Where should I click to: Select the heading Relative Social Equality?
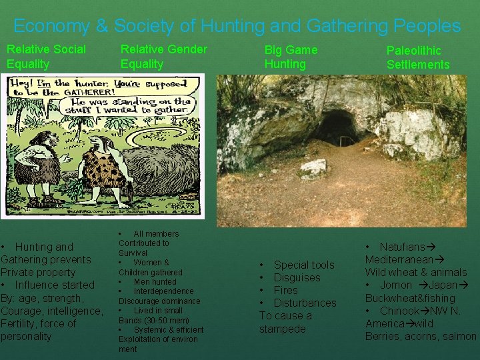46,56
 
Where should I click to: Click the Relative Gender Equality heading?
163,56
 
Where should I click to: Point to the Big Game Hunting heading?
291,57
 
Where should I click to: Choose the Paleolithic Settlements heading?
418,57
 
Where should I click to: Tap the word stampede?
282,329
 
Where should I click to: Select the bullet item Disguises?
297,277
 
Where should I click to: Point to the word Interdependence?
163,291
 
